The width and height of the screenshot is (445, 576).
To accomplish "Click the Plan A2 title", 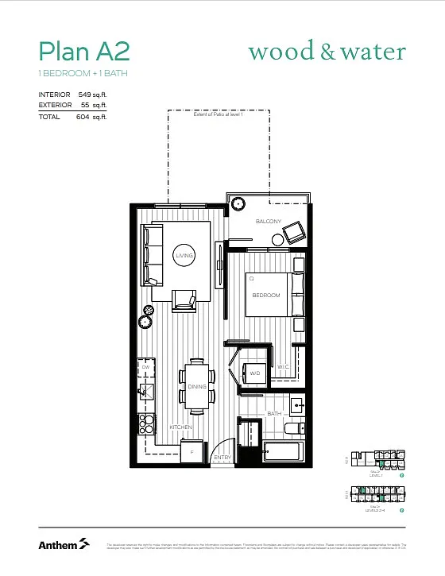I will [83, 52].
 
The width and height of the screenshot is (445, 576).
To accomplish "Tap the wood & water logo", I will [327, 52].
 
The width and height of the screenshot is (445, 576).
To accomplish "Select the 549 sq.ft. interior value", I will [92, 95].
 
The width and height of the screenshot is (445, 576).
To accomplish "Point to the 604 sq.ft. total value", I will [92, 117].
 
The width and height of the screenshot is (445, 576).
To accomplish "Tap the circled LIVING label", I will [184, 255].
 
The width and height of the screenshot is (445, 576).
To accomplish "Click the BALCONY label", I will [268, 222].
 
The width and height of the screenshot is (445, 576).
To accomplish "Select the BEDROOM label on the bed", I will [266, 296].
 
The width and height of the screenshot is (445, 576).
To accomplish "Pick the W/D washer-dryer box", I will [255, 373].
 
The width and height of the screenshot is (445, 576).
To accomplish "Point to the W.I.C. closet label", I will [284, 367].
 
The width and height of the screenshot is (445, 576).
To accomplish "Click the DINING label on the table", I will [197, 387].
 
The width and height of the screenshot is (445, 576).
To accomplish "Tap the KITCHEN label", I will [180, 427].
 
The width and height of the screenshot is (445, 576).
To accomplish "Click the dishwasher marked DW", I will [146, 368].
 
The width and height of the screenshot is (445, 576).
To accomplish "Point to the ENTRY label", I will [222, 458].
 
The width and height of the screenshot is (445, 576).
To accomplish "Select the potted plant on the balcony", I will [237, 203].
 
